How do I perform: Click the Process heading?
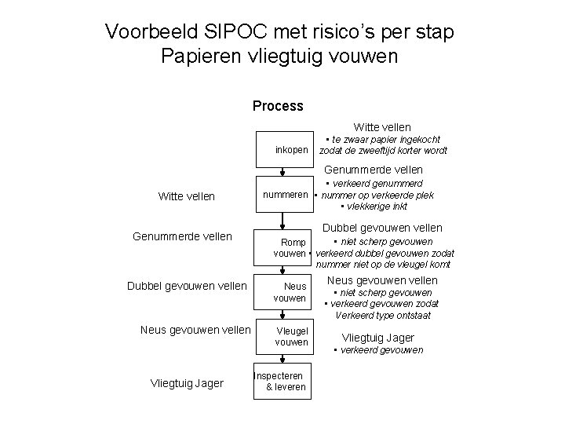(x=278, y=106)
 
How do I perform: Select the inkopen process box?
(x=290, y=149)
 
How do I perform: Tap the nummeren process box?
(x=284, y=194)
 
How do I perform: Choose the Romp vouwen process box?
(x=290, y=247)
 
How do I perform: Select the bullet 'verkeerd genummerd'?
(x=384, y=184)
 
